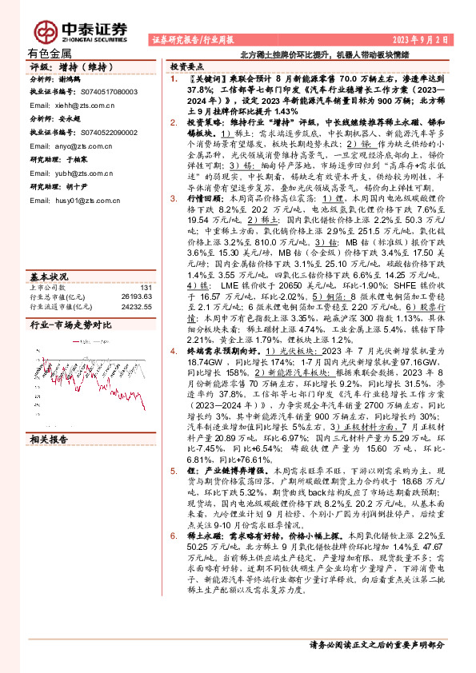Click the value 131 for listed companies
146,288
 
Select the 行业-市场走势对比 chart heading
70,325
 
